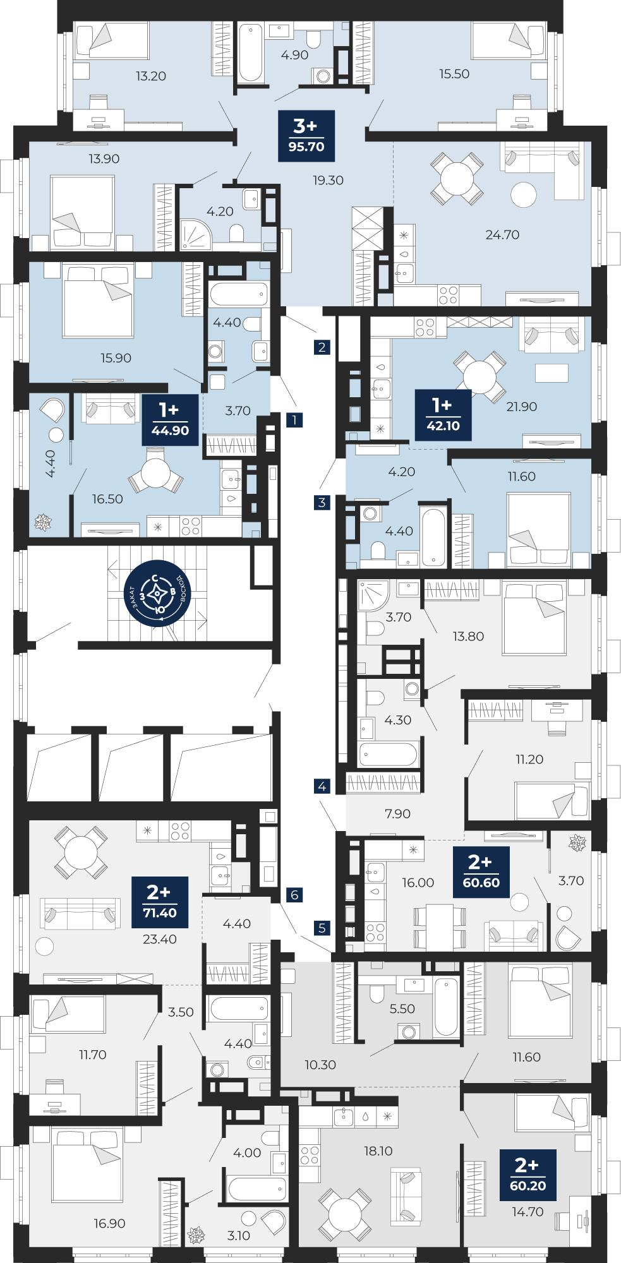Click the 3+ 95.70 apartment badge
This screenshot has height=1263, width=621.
click(306, 136)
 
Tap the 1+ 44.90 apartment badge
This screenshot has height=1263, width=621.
click(170, 420)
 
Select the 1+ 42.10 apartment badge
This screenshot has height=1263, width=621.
click(443, 415)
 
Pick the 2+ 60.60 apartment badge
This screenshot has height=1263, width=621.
click(481, 872)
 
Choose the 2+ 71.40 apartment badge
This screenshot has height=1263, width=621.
click(160, 902)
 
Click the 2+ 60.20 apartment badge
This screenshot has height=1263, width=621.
click(528, 1175)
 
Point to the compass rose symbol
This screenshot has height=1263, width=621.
click(157, 594)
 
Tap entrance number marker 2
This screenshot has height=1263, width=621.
click(322, 347)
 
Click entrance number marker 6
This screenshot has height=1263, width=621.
click(294, 895)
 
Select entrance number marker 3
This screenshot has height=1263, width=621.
click(322, 503)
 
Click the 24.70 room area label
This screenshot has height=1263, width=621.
click(502, 235)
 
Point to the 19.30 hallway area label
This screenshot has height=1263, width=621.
click(328, 181)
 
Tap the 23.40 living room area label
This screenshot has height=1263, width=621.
click(160, 939)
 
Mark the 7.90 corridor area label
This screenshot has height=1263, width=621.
click(397, 814)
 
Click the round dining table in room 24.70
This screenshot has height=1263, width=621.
click(457, 179)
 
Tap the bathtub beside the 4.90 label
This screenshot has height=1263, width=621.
click(251, 53)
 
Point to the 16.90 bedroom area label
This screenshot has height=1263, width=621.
click(109, 1223)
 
